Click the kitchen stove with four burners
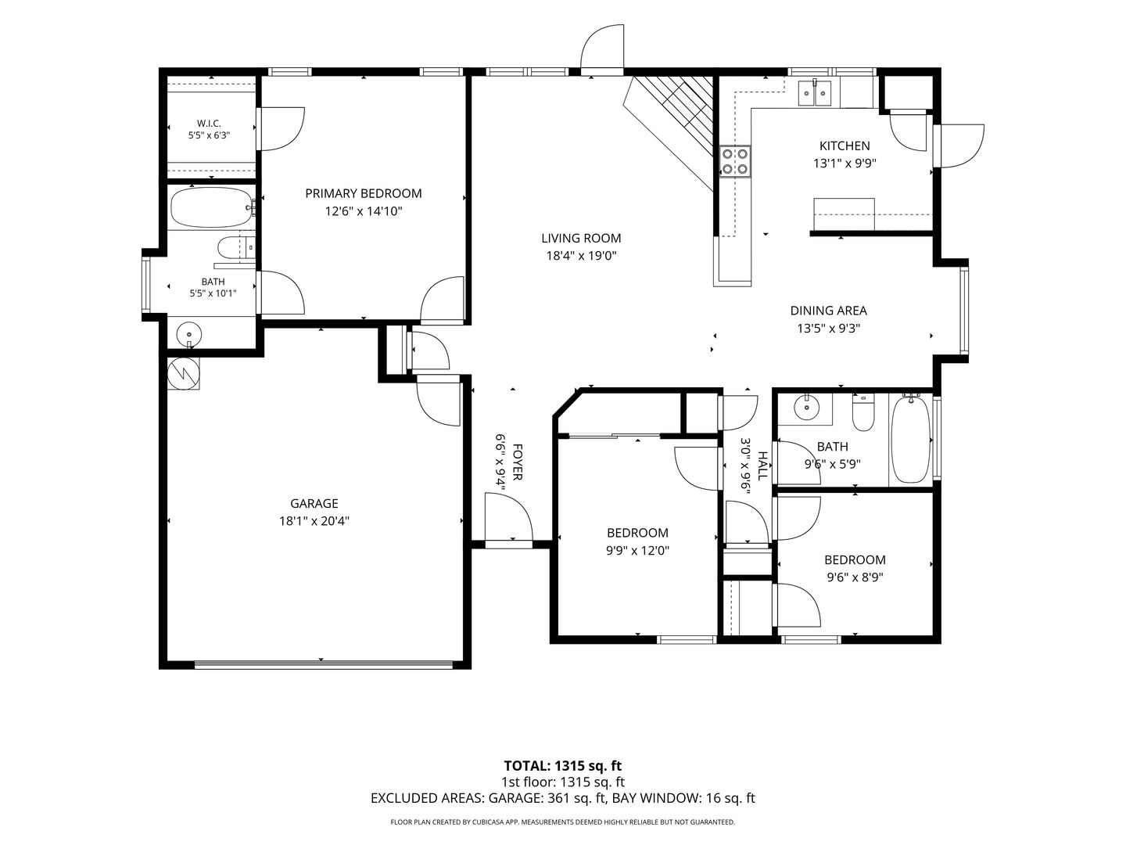735,161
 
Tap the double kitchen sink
815,93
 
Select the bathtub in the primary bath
211,208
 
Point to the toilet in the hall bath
862,412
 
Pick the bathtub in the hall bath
910,439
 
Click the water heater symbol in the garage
183,373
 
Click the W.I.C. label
209,124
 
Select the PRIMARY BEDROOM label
363,193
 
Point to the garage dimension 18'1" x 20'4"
314,521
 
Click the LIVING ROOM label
581,238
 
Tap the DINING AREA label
828,311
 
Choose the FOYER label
518,462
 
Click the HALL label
763,466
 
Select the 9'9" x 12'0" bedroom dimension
637,551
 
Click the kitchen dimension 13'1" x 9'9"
844,164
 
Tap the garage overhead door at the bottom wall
323,665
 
